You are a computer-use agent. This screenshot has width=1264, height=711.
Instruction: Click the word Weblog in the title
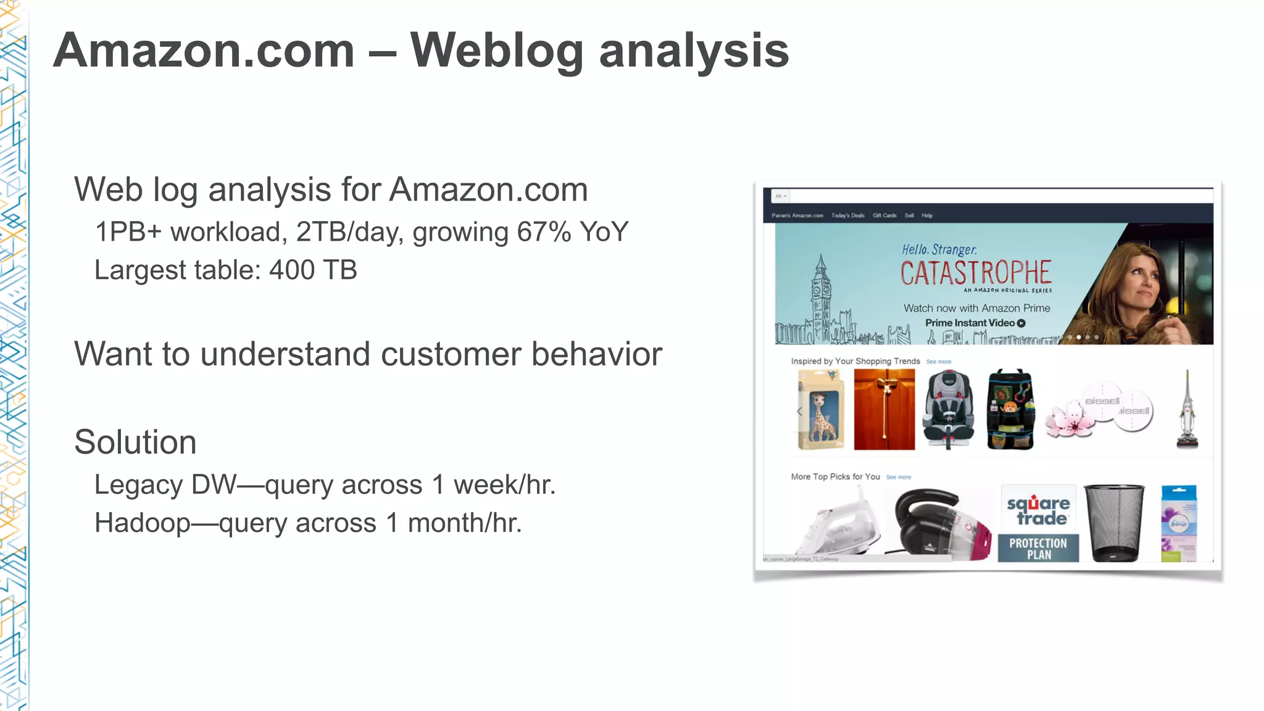click(496, 51)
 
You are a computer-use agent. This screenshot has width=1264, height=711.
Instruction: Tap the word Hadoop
click(142, 523)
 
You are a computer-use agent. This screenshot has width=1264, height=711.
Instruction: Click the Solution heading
click(135, 442)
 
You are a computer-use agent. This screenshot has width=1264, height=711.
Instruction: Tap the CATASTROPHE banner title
click(975, 273)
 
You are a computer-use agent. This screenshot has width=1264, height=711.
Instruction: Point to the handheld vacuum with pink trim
click(938, 523)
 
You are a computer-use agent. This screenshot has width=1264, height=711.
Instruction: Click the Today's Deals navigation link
click(847, 215)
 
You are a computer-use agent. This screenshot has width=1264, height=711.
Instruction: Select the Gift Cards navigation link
click(884, 215)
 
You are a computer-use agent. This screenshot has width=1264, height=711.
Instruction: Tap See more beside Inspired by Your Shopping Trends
click(938, 362)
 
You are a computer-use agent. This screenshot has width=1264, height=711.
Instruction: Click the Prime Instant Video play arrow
click(1021, 323)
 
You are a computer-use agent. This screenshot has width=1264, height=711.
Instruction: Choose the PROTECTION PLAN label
click(1038, 548)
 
